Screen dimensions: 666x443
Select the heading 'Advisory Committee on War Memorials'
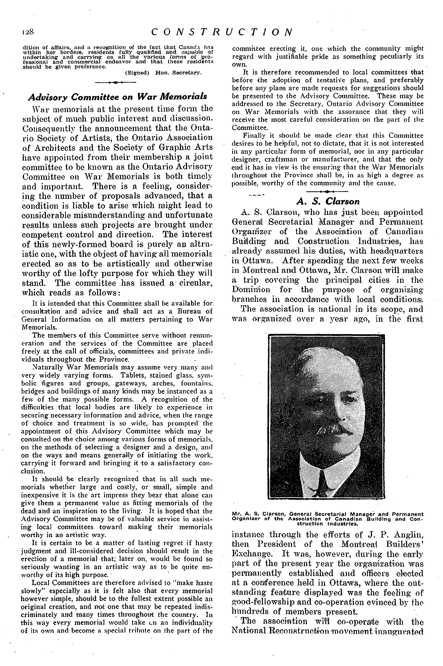117,97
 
